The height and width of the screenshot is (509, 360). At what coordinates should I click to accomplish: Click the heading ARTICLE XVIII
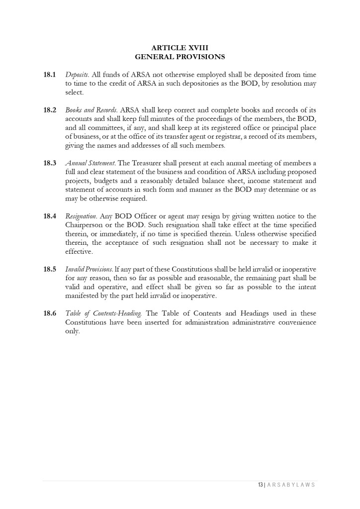(x=180, y=48)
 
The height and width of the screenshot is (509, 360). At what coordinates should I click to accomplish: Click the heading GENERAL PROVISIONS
(x=180, y=57)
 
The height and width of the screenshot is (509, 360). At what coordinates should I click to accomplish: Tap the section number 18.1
(x=49, y=75)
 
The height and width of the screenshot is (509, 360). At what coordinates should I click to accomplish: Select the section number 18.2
(x=49, y=110)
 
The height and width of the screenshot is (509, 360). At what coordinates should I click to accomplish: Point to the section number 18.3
(x=49, y=163)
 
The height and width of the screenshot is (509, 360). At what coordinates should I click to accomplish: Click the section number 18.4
(x=49, y=216)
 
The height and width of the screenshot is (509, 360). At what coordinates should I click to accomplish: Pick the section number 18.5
(x=49, y=269)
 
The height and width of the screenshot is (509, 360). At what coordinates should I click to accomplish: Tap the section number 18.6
(x=49, y=313)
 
